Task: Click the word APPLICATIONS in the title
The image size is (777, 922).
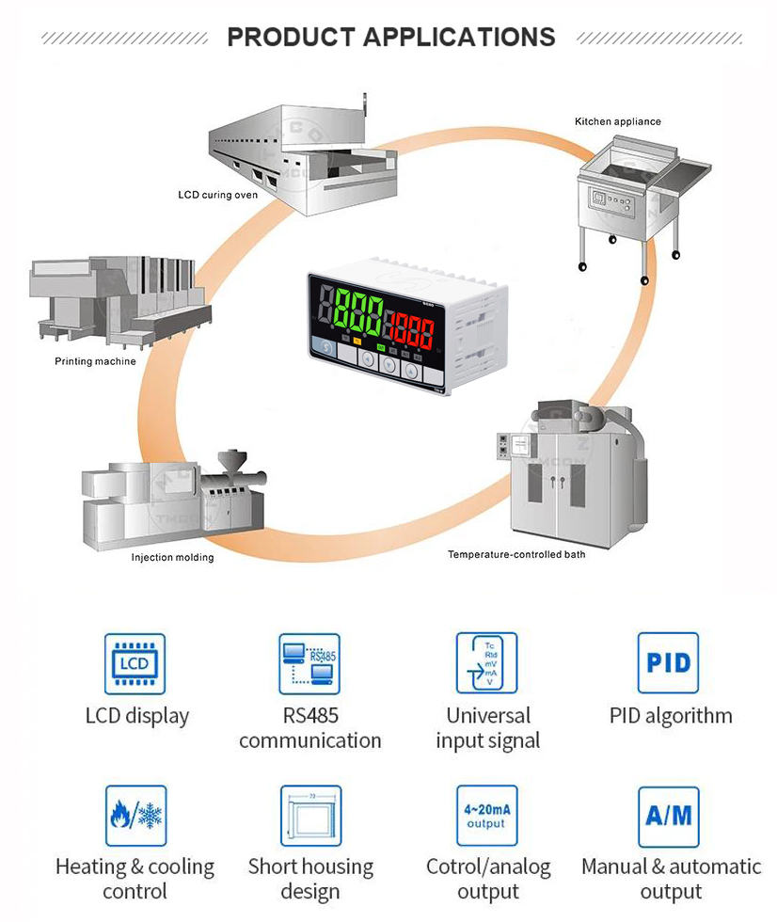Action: (459, 38)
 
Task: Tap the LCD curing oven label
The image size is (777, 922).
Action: (217, 195)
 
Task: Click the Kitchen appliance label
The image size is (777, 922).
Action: (617, 121)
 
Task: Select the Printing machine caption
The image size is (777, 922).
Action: (95, 361)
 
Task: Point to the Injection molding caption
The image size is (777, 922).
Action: (172, 557)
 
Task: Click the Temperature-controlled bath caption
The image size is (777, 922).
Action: (516, 554)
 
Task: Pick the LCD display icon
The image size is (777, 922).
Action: (135, 663)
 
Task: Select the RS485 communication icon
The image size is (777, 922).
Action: (309, 663)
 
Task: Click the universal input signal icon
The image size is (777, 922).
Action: (487, 663)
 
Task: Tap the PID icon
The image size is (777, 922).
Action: (669, 663)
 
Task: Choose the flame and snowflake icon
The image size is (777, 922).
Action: (135, 816)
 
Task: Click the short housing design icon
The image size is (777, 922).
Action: (310, 816)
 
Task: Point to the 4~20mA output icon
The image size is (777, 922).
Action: (487, 816)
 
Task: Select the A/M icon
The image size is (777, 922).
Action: (669, 816)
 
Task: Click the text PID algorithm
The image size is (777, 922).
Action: (671, 715)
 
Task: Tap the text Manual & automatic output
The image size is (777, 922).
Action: (671, 879)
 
